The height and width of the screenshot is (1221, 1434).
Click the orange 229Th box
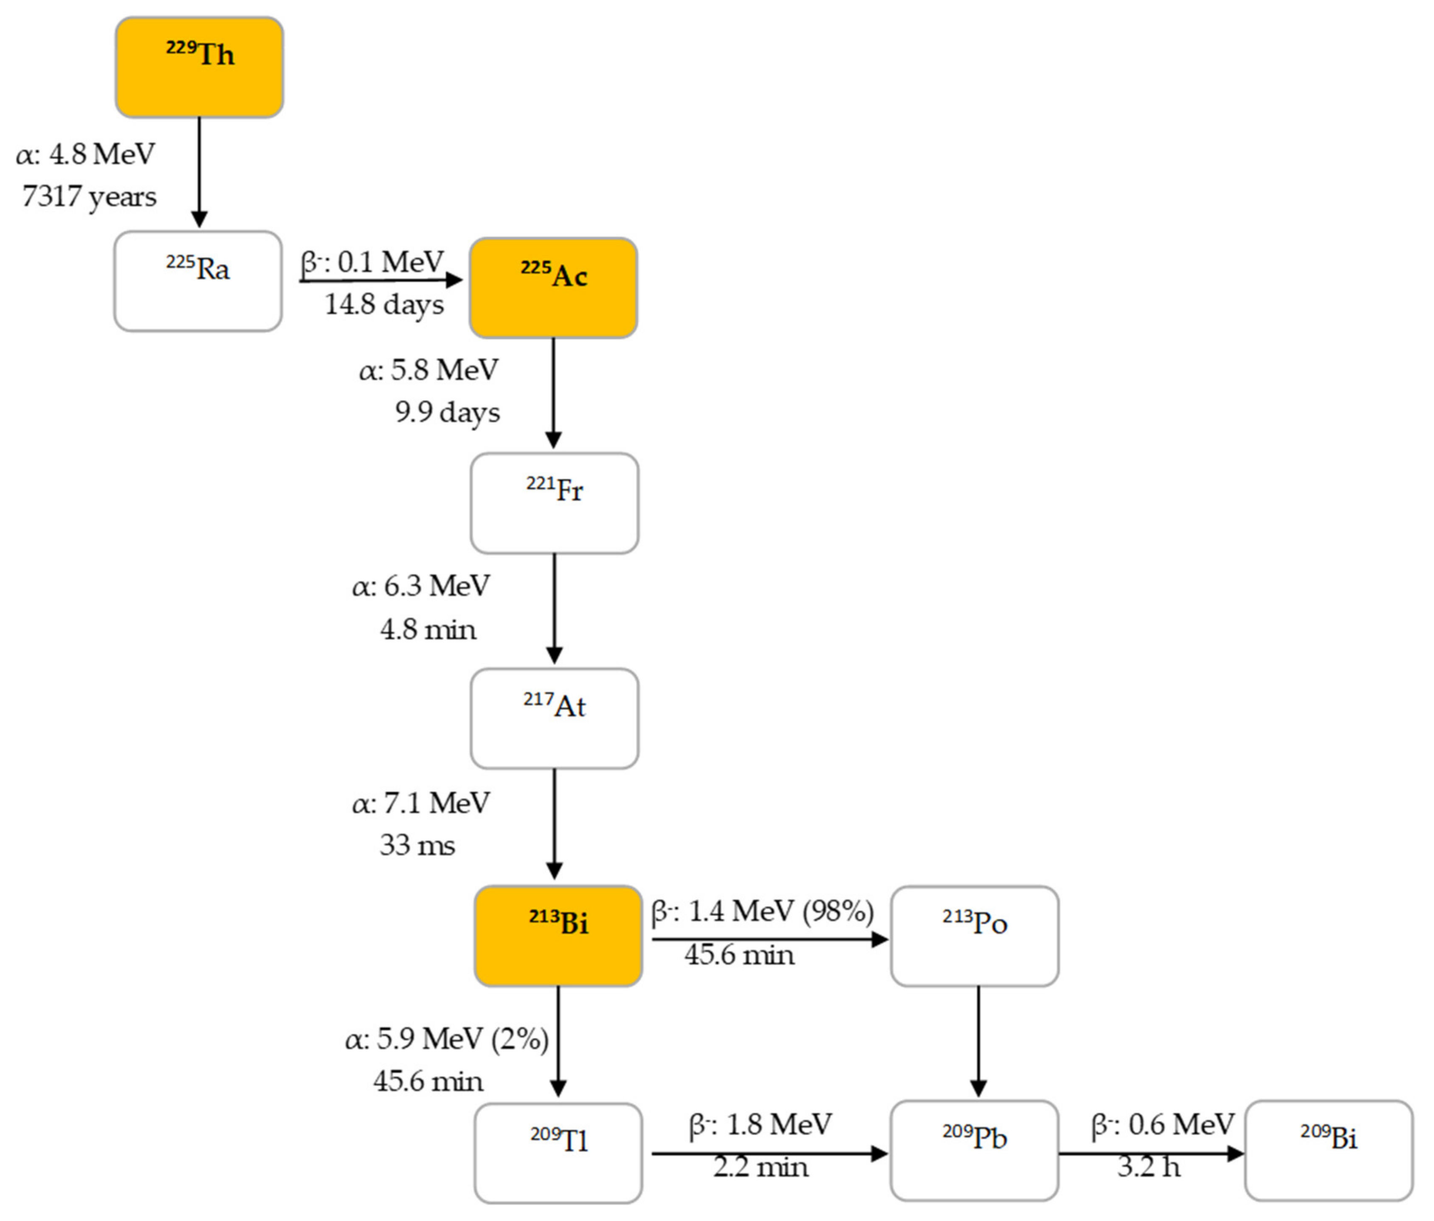pos(199,67)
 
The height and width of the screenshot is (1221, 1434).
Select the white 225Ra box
pos(198,281)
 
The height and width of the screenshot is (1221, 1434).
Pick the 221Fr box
pos(554,503)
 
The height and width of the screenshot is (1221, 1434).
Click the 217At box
pos(554,718)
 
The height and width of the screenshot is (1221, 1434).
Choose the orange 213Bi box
pos(558,936)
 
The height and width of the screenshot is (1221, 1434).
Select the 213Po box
pos(974,936)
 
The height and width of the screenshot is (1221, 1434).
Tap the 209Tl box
pos(558,1153)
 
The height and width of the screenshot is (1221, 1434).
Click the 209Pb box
pos(974,1150)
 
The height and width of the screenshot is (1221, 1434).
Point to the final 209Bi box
pos(1329,1150)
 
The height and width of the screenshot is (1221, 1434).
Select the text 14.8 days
pos(384,305)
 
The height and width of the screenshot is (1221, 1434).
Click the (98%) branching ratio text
pos(838,911)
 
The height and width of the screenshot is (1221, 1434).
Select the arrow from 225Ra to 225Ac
pos(380,280)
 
